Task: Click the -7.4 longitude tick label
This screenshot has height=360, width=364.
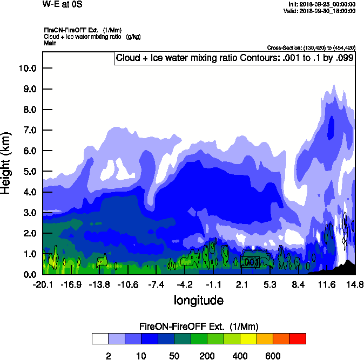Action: (156, 284)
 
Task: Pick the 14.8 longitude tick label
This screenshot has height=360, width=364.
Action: (355, 284)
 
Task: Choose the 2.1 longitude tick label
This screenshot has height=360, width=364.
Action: (241, 284)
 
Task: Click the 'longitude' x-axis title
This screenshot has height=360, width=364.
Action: (198, 300)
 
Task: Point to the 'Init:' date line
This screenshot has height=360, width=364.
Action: (322, 4)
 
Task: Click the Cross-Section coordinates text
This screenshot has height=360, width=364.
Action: (311, 48)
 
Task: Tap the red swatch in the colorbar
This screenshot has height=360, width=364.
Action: (298, 338)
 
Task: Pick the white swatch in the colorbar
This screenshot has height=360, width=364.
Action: (100, 338)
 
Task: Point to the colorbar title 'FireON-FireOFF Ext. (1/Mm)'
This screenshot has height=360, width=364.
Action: (199, 327)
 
